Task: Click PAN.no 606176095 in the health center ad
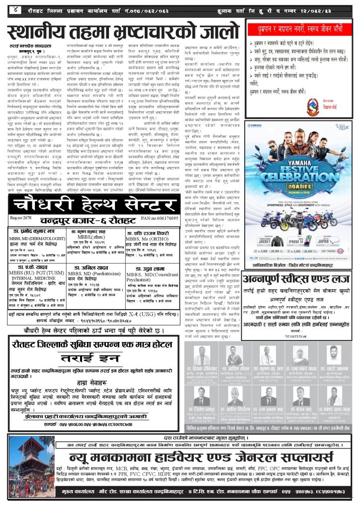point(160,218)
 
